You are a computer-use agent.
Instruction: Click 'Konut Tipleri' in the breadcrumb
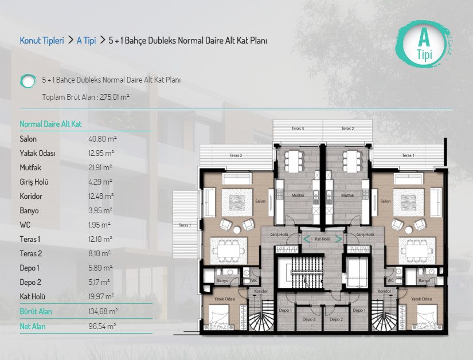[x=42, y=40]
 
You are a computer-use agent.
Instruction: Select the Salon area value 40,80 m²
[x=103, y=139]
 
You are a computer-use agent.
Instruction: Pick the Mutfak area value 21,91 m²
[x=100, y=167]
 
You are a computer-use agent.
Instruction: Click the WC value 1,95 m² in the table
[x=100, y=225]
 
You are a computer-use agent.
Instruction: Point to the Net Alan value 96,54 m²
[x=102, y=326]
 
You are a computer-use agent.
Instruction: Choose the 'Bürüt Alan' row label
[x=36, y=311]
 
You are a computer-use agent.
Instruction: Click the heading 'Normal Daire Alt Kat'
[x=50, y=124]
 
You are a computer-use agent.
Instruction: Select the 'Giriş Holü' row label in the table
[x=34, y=182]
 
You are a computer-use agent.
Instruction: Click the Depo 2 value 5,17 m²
[x=99, y=282]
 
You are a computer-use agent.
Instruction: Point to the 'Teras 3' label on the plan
[x=298, y=128]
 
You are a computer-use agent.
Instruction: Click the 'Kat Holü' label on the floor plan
[x=322, y=239]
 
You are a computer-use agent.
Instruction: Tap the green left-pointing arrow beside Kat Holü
[x=307, y=240]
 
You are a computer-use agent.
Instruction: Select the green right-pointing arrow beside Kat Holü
[x=339, y=240]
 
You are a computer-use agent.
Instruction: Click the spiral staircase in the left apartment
[x=261, y=316]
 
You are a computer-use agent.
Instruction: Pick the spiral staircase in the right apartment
[x=384, y=316]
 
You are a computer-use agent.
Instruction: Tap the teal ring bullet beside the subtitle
[x=28, y=81]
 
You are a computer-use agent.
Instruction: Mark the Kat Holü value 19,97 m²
[x=101, y=297]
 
